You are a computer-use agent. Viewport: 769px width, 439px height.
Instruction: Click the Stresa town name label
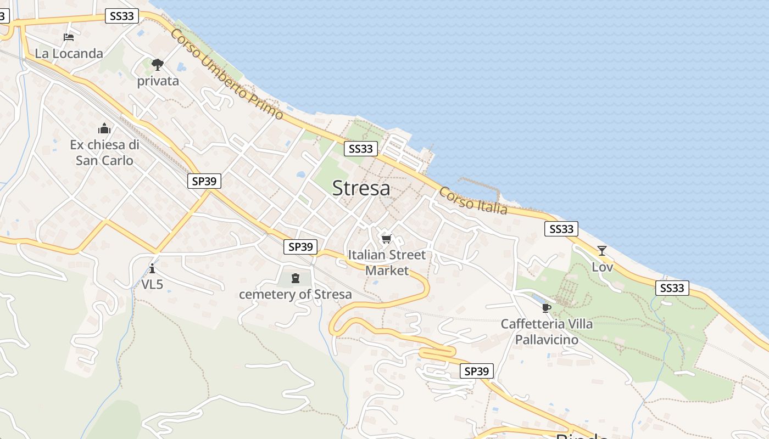[361, 188]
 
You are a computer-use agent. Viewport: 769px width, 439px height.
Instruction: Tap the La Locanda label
[69, 53]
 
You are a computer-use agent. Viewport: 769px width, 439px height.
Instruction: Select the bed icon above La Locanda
[69, 37]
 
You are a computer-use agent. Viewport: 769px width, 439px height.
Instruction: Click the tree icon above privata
[158, 65]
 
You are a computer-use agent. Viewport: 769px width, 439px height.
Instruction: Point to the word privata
[158, 81]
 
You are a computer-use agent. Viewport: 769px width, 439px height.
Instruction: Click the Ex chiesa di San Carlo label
[104, 153]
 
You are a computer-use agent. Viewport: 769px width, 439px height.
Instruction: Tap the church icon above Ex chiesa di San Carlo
[104, 129]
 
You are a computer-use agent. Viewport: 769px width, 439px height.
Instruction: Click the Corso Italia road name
[473, 201]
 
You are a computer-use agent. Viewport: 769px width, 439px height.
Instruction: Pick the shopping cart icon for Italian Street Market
[387, 239]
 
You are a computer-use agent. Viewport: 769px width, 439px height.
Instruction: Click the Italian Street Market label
[387, 262]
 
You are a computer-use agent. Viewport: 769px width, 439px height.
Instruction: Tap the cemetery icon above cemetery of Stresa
[296, 278]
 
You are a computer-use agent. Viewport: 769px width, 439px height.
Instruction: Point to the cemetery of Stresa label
[296, 294]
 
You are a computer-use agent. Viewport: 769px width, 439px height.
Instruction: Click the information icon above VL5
[152, 268]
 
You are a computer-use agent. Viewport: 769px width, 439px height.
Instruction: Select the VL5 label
[152, 284]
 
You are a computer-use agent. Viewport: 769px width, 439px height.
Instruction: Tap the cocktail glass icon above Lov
[602, 251]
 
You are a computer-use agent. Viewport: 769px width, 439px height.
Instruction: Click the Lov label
[602, 267]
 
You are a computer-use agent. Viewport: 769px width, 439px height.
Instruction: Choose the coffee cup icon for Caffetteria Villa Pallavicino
[546, 308]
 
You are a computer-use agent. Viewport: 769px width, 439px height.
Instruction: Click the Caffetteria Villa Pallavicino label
[547, 331]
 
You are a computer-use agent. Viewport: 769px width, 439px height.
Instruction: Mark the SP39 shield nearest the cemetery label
[300, 247]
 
